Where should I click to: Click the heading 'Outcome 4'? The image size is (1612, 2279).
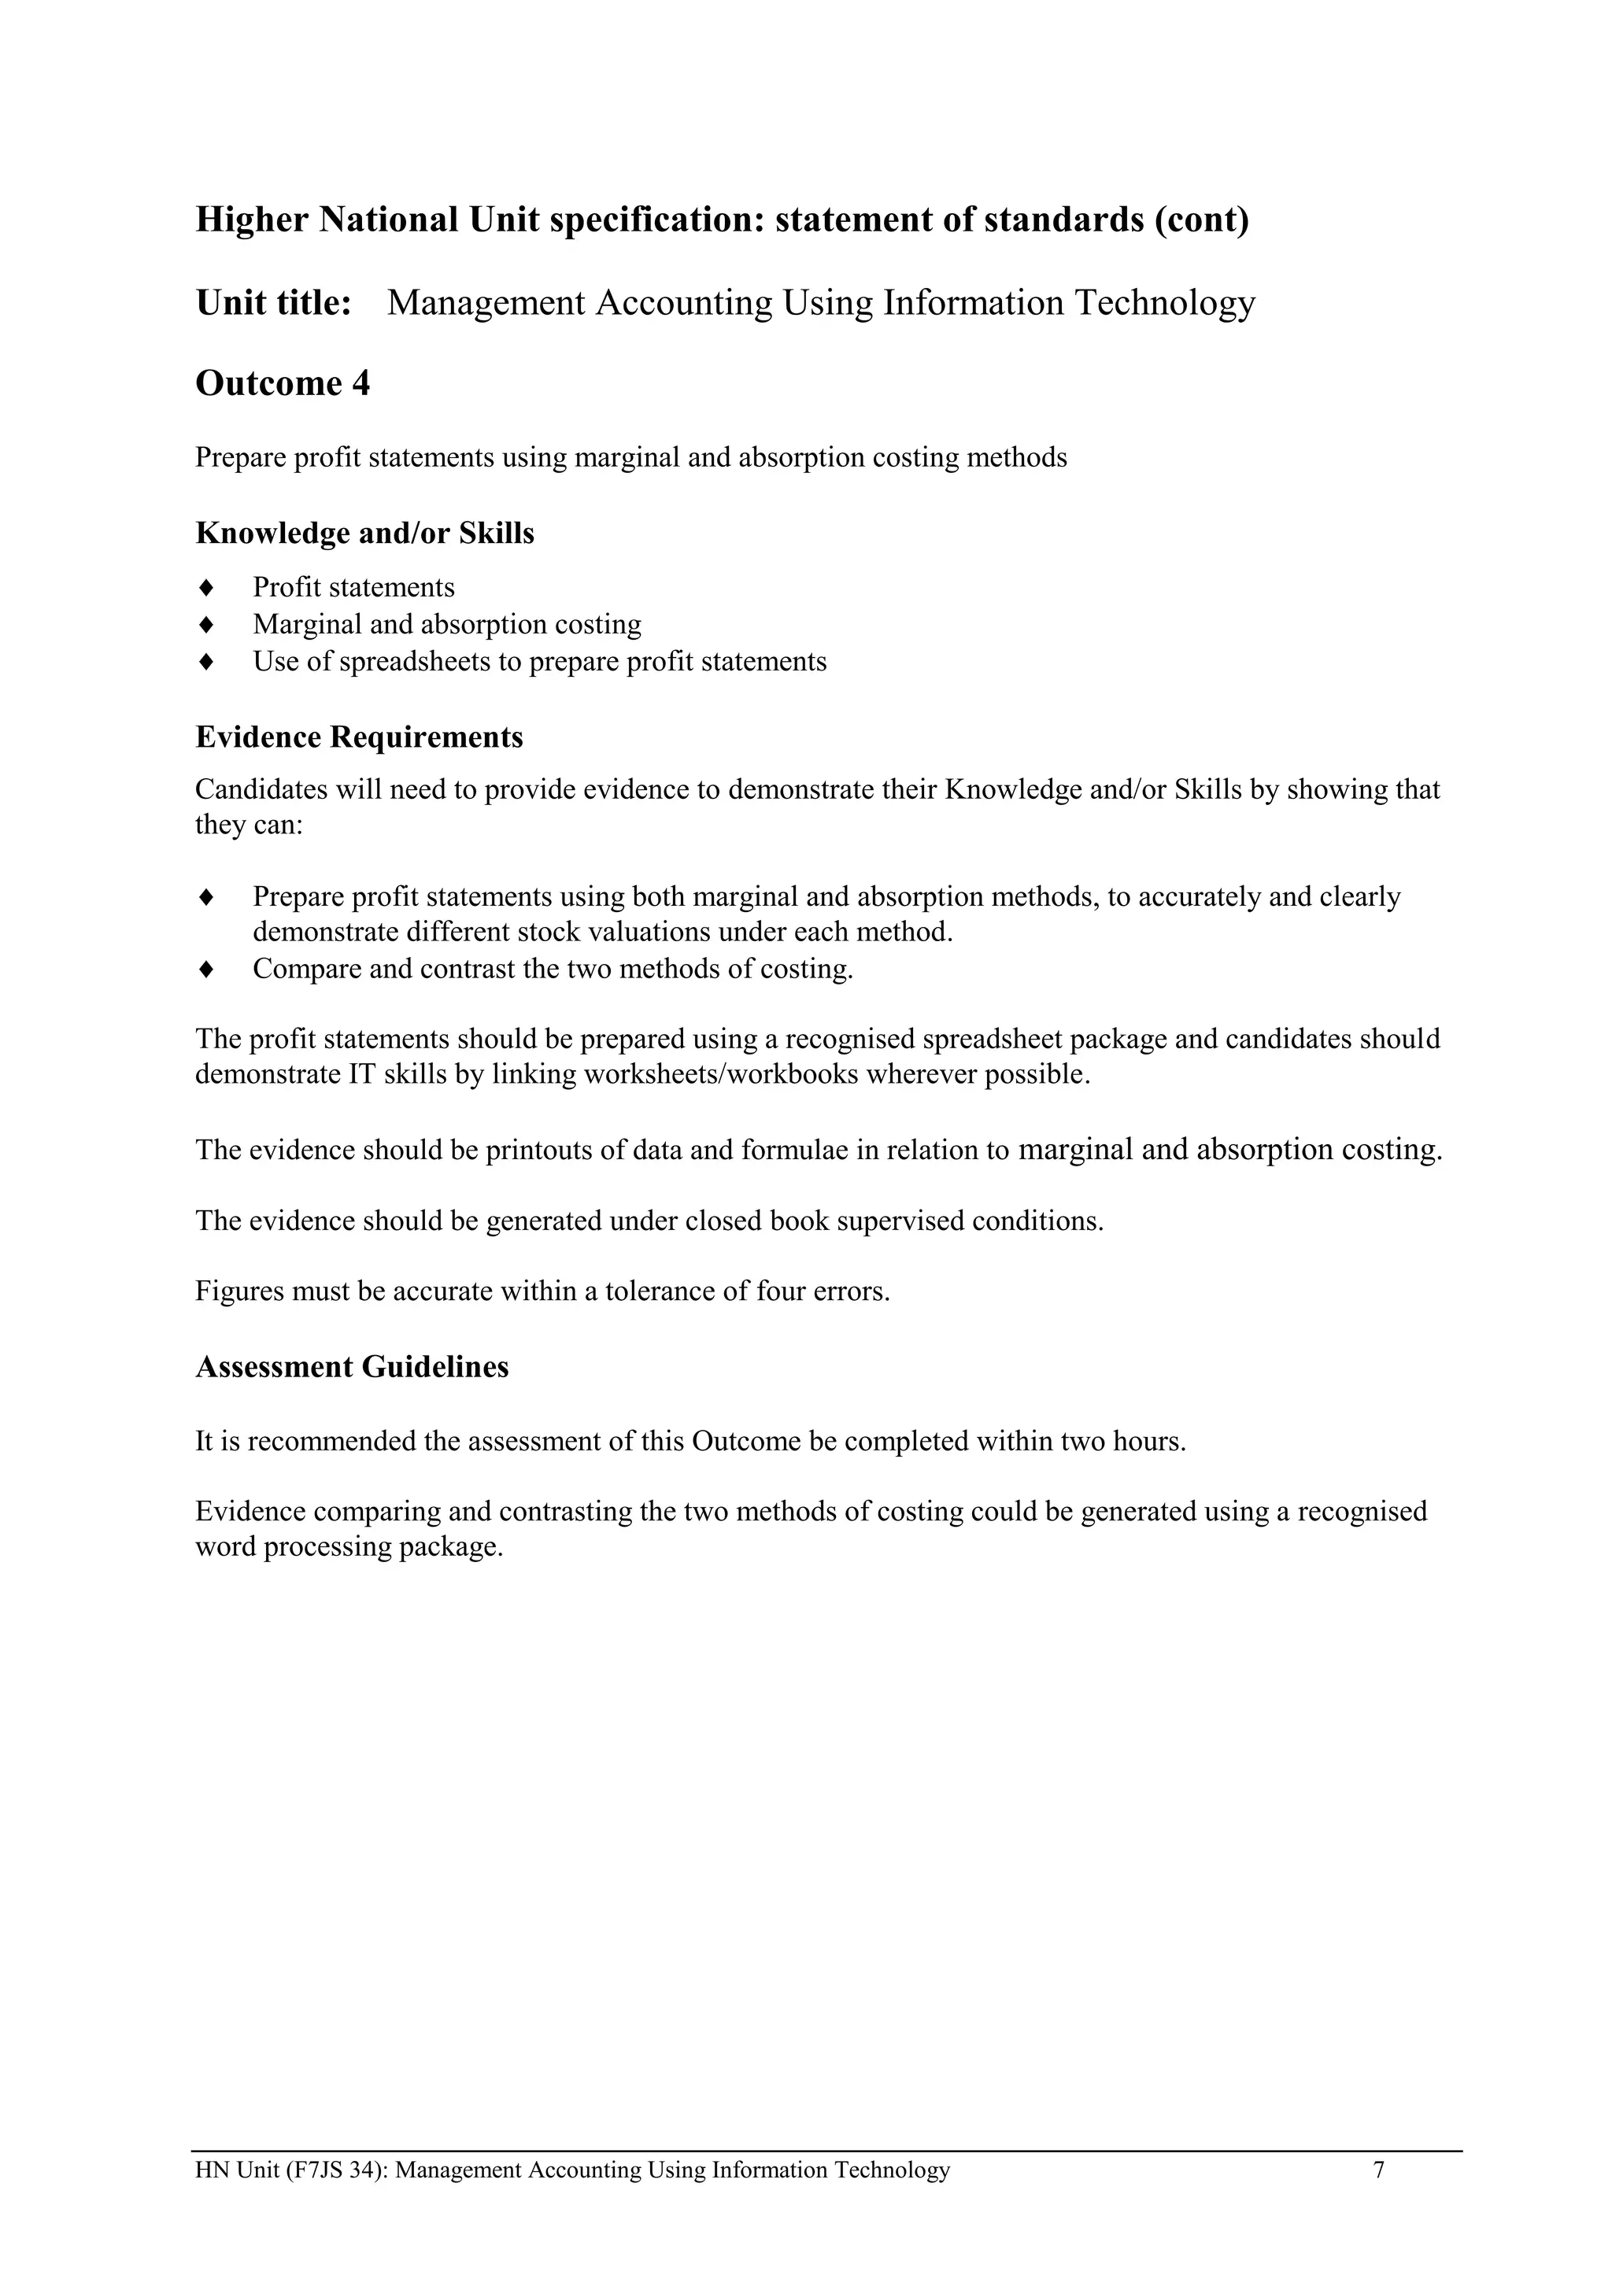282,383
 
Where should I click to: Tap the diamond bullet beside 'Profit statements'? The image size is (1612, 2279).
206,588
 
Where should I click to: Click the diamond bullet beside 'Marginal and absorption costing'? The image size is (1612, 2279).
206,624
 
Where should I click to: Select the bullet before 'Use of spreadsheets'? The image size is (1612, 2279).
206,661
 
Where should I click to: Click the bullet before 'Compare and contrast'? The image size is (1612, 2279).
206,969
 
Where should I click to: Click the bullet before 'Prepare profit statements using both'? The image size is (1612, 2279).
206,897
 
